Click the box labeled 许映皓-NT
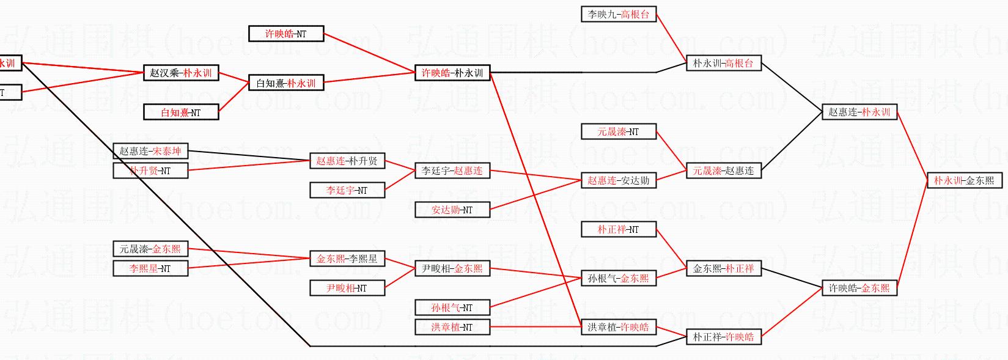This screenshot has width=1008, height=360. [286, 34]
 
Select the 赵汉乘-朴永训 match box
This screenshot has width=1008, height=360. [181, 73]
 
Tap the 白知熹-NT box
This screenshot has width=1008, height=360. [181, 112]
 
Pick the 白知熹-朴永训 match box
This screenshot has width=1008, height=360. [286, 83]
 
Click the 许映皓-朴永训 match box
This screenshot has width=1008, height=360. [452, 73]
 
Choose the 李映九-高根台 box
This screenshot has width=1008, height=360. [618, 14]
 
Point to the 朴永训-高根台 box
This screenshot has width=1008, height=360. [723, 63]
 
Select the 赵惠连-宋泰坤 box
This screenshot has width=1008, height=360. [150, 151]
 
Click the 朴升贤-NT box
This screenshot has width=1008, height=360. [150, 171]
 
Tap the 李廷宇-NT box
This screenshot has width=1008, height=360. [347, 190]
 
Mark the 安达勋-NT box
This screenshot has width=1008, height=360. [452, 210]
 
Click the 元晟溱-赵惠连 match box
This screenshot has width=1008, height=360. [723, 171]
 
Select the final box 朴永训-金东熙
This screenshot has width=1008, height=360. [964, 180]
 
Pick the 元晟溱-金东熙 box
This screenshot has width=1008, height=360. [150, 249]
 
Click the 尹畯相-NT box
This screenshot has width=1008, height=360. [347, 288]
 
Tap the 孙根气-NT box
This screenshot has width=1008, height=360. [452, 307]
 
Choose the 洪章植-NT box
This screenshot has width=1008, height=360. [452, 327]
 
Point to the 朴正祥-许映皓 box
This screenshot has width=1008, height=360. [723, 337]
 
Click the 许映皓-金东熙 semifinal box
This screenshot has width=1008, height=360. [859, 288]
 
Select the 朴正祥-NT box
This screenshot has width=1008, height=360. [618, 229]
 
